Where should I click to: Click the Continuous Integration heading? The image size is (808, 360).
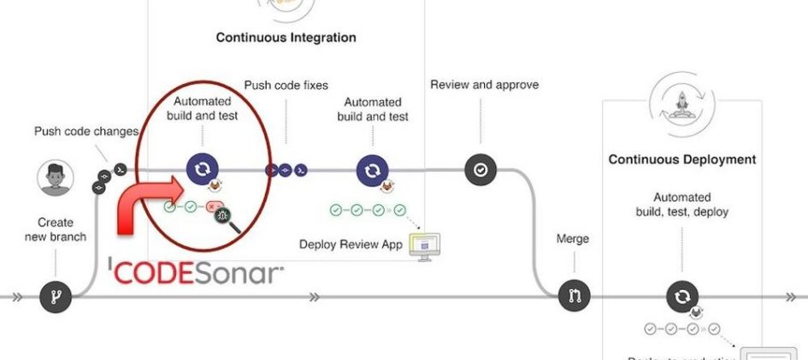coord(286,38)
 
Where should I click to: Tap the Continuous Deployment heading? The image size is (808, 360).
coord(681,159)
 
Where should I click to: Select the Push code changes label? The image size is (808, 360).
coord(86,132)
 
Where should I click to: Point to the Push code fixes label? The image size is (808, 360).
coord(286,86)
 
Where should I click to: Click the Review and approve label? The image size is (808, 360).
coord(484,86)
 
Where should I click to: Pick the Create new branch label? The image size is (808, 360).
coord(62,229)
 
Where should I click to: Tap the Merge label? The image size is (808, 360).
coord(573,239)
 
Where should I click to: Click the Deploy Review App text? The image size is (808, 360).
coord(351,245)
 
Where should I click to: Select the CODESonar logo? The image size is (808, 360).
coord(197,273)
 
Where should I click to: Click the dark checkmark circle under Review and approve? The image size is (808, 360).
coord(481,170)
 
